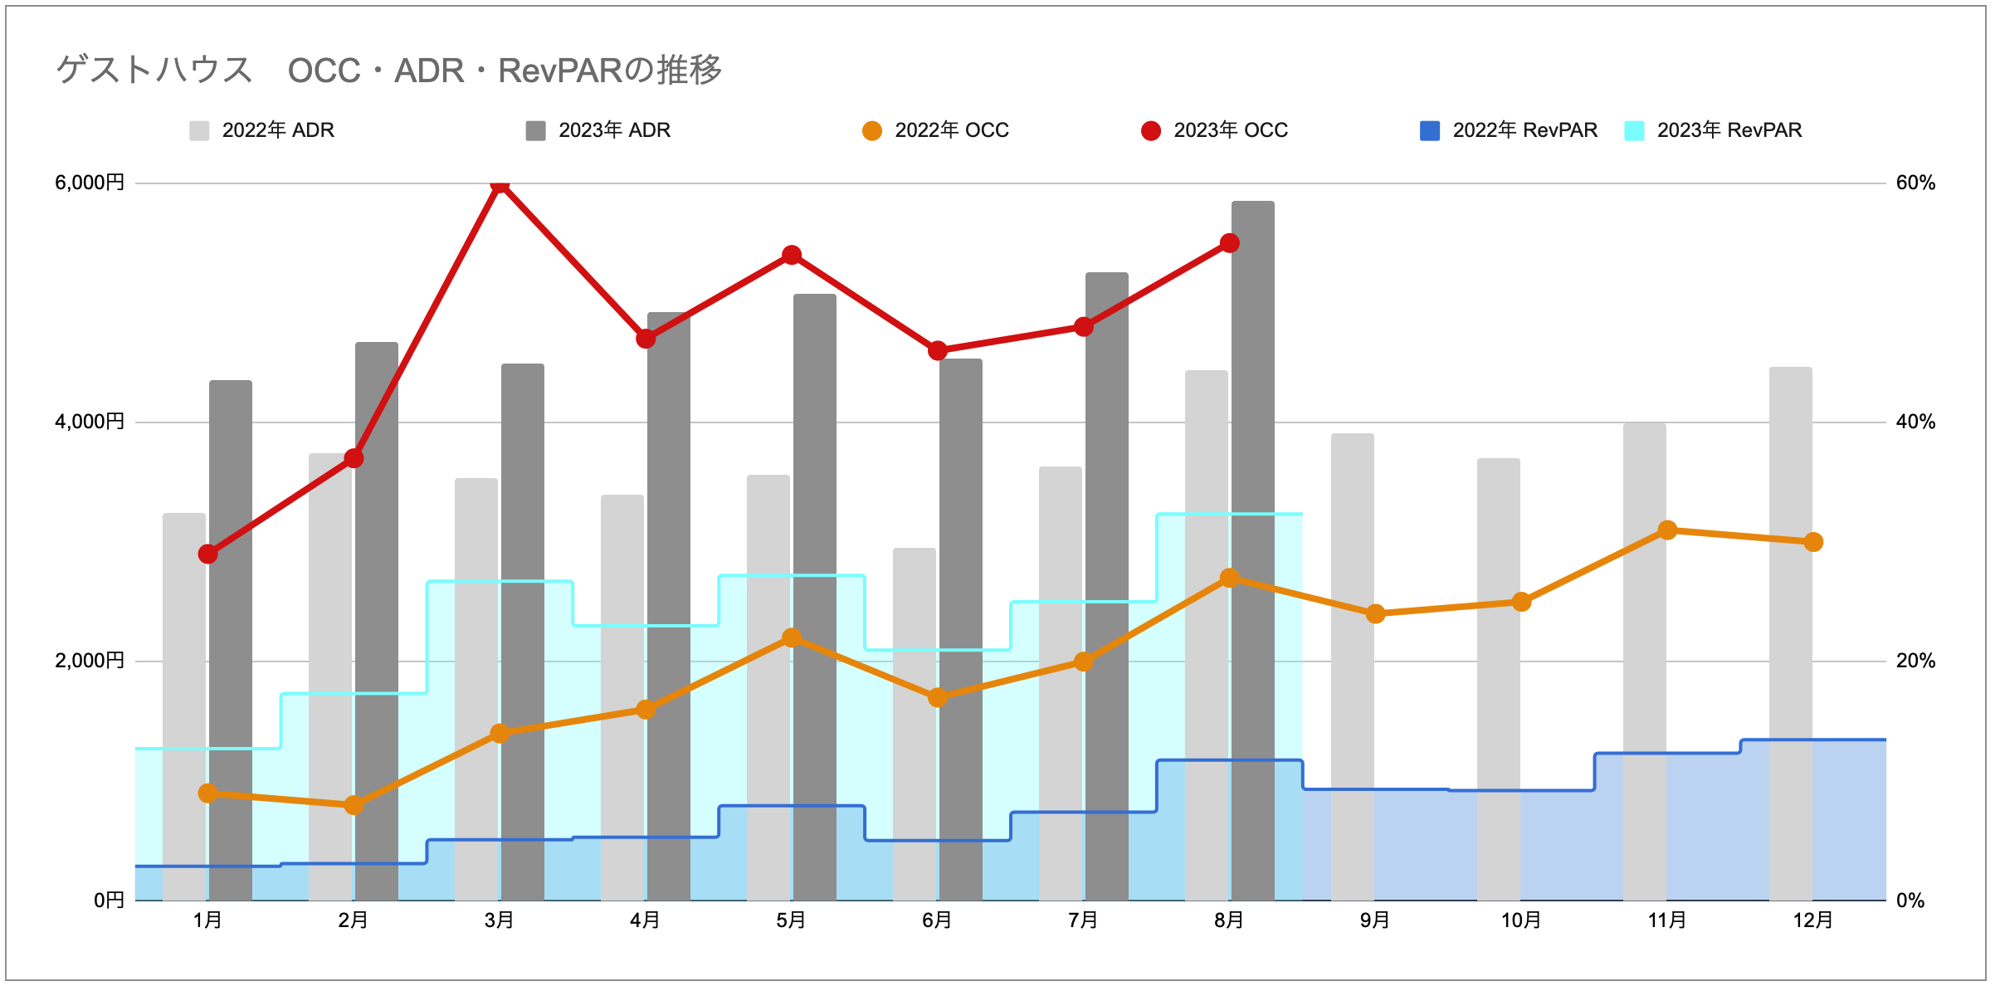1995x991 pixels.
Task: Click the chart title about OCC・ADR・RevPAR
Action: pos(388,70)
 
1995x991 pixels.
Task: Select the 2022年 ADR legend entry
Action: pos(262,130)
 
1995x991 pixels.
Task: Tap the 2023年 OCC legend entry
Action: pos(1215,130)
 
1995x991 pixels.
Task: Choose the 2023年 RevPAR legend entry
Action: pos(1714,130)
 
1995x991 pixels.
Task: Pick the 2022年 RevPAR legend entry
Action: pos(1509,130)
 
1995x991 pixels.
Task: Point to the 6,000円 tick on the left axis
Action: pos(90,183)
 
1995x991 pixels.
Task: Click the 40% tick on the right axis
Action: pos(1915,422)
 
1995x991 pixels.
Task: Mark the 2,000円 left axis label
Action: pos(90,661)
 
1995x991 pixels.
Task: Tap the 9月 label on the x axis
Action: pos(1375,920)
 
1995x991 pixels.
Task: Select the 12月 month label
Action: pos(1813,920)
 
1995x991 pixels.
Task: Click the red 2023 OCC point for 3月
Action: pos(500,184)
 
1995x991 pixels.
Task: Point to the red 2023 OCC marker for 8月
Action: pos(1230,243)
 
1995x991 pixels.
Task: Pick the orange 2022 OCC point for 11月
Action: pos(1667,530)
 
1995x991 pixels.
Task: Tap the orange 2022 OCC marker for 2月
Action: pos(354,805)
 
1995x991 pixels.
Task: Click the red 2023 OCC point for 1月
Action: pos(208,554)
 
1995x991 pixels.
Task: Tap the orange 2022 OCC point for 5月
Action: pos(792,637)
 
